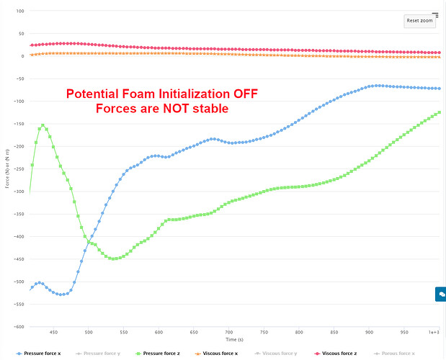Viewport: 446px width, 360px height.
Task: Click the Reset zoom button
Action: tap(420, 21)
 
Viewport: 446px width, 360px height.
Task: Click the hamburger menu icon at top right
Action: tap(435, 14)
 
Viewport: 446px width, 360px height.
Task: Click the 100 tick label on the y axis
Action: tap(19, 12)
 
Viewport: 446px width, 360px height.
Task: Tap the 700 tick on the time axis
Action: tap(228, 332)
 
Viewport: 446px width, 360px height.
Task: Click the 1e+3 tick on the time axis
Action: tap(434, 332)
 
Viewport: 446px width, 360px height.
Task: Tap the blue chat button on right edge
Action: tap(440, 294)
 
